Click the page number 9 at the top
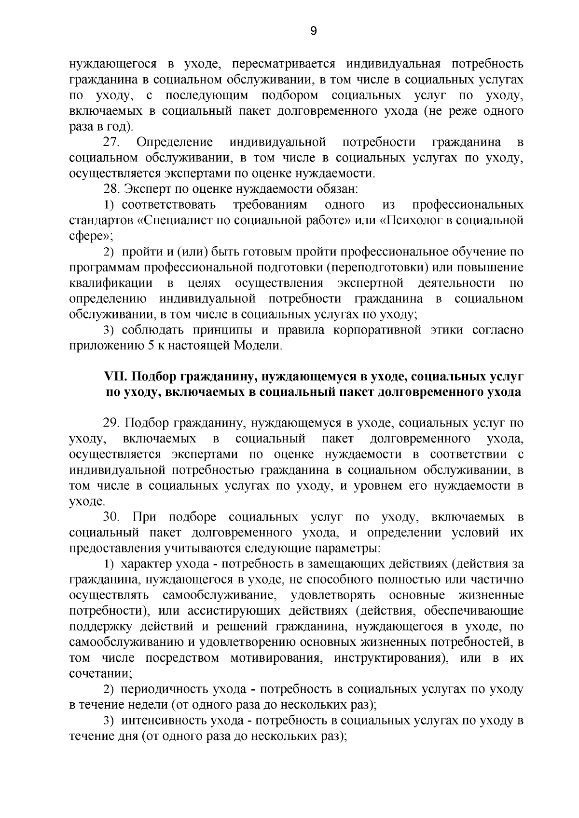(313, 31)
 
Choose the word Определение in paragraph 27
(175, 142)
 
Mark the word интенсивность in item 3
(162, 721)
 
